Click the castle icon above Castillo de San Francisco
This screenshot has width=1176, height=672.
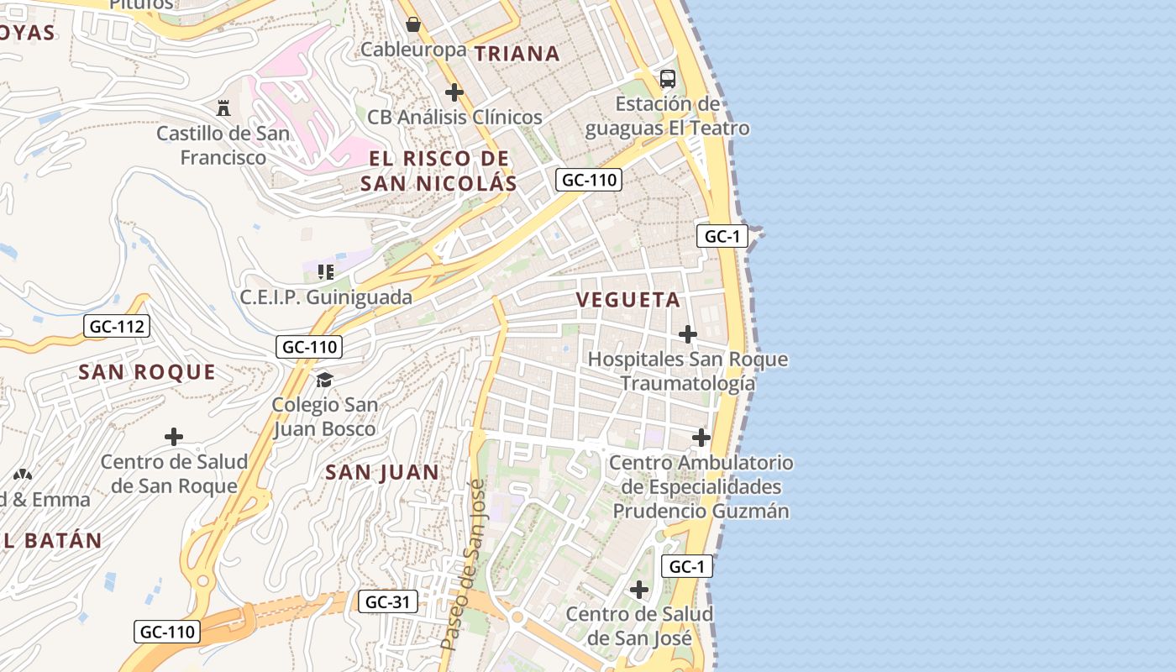pyautogui.click(x=223, y=108)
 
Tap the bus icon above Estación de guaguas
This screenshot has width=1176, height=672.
pyautogui.click(x=668, y=79)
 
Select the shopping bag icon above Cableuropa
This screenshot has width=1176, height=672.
pyautogui.click(x=412, y=24)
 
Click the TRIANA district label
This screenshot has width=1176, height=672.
pyautogui.click(x=517, y=54)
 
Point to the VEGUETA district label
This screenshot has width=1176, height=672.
pyautogui.click(x=628, y=300)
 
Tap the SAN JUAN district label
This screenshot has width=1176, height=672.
pyautogui.click(x=382, y=472)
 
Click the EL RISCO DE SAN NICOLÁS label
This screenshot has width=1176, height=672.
pyautogui.click(x=438, y=171)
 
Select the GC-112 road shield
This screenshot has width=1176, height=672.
pyautogui.click(x=117, y=326)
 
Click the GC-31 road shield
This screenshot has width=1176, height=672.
pyautogui.click(x=387, y=601)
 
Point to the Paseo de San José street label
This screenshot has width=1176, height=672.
pyautogui.click(x=464, y=564)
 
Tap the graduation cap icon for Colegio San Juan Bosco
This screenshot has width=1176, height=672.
pyautogui.click(x=324, y=381)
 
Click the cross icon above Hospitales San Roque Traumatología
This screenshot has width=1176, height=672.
pyautogui.click(x=688, y=334)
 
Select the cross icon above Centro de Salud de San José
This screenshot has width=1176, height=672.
pyautogui.click(x=639, y=590)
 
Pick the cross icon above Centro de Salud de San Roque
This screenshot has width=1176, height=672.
pyautogui.click(x=174, y=437)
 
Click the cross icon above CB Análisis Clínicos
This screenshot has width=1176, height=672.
pyautogui.click(x=454, y=92)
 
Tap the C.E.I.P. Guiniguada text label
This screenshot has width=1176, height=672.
pyautogui.click(x=326, y=297)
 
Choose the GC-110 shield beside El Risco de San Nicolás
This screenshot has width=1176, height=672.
pyautogui.click(x=588, y=179)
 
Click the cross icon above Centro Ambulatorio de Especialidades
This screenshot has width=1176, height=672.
pyautogui.click(x=701, y=438)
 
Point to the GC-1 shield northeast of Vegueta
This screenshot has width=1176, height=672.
pyautogui.click(x=722, y=236)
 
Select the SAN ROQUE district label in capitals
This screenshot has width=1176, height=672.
pyautogui.click(x=147, y=372)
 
